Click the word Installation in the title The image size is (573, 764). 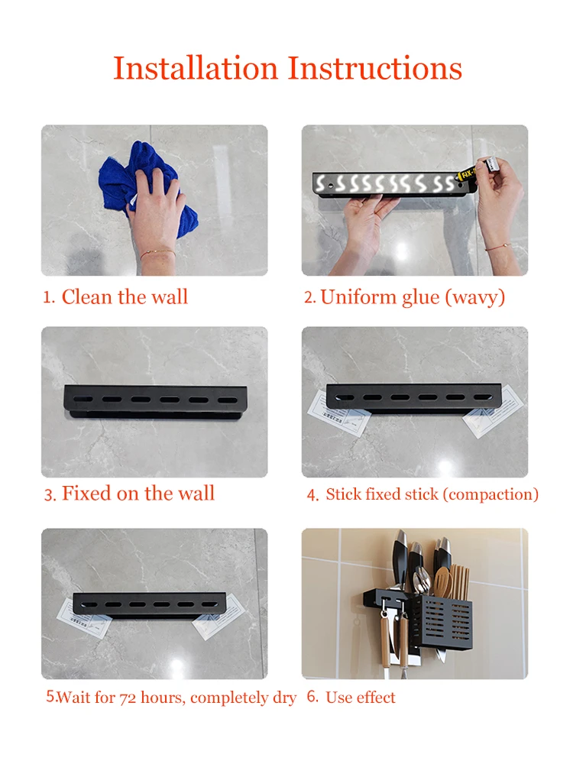196,68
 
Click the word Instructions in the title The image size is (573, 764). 374,68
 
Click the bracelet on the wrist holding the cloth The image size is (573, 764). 157,254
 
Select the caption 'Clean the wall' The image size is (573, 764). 125,296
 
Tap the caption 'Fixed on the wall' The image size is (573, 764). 138,493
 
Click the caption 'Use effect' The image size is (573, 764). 361,698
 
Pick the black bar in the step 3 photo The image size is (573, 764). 155,402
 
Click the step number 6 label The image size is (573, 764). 312,697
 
